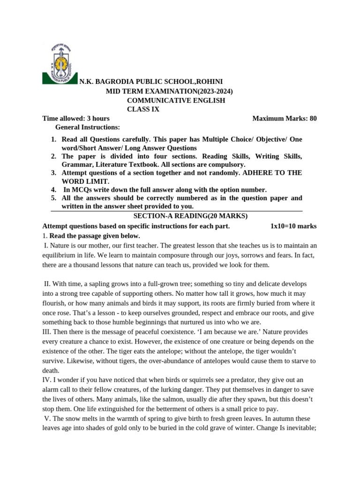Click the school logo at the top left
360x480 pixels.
pyautogui.click(x=60, y=63)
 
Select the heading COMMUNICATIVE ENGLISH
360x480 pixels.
pyautogui.click(x=176, y=100)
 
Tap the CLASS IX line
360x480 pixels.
pyautogui.click(x=143, y=109)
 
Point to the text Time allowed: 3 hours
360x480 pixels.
pyautogui.click(x=75, y=118)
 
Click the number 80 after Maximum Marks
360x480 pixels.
pyautogui.click(x=312, y=118)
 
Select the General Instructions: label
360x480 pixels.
pyautogui.click(x=87, y=127)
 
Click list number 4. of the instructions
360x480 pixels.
pyautogui.click(x=53, y=189)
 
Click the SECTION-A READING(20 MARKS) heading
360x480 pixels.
pyautogui.click(x=190, y=216)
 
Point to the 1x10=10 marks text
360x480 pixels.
pyautogui.click(x=293, y=226)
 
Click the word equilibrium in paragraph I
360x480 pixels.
pyautogui.click(x=61, y=255)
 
